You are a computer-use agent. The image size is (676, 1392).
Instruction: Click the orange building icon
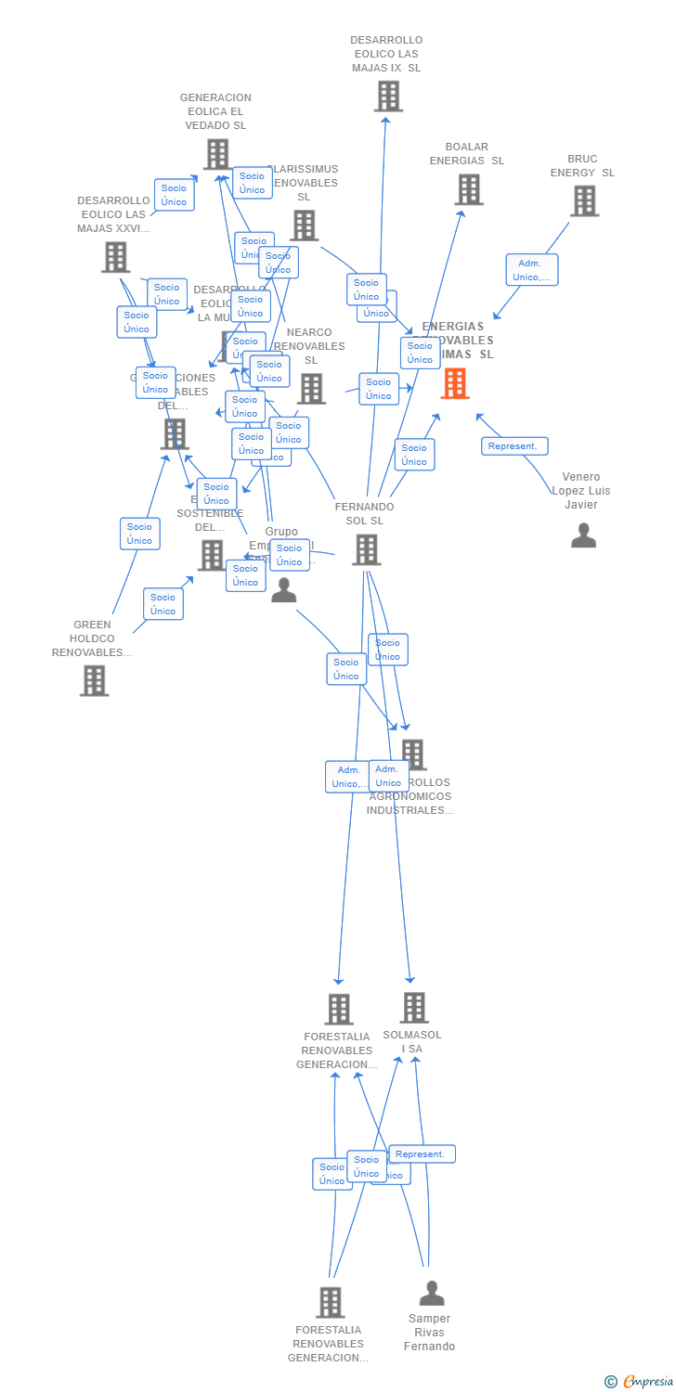pos(455,383)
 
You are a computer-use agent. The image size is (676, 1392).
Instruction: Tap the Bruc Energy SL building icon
pos(584,200)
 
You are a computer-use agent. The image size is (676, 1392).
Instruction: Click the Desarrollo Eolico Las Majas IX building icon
pos(388,96)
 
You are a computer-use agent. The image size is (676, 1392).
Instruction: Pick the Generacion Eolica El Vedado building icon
pos(217,154)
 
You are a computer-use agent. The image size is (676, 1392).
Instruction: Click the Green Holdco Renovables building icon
pos(94,680)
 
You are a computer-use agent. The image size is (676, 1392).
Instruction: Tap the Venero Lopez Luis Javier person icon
pos(583,535)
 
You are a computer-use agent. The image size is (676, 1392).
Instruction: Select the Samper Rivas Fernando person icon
pos(431,1293)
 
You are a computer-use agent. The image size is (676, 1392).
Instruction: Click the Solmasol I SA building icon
pos(414,1008)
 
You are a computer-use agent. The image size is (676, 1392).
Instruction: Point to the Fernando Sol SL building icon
pos(366,549)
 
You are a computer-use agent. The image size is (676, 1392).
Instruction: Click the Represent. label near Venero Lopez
pos(514,446)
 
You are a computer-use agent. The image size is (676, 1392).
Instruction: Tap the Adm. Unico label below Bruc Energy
pos(532,270)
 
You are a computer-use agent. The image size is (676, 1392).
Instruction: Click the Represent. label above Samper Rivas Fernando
pos(422,1154)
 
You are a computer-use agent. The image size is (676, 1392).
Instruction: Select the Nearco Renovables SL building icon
pos(311,389)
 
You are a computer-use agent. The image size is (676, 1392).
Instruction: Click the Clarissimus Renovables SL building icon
pos(304,226)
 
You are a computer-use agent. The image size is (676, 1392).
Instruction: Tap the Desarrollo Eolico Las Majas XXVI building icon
pos(115,257)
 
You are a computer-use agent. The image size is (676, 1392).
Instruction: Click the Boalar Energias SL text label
pos(466,154)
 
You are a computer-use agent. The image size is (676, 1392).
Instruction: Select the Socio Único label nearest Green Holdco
pos(163,604)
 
